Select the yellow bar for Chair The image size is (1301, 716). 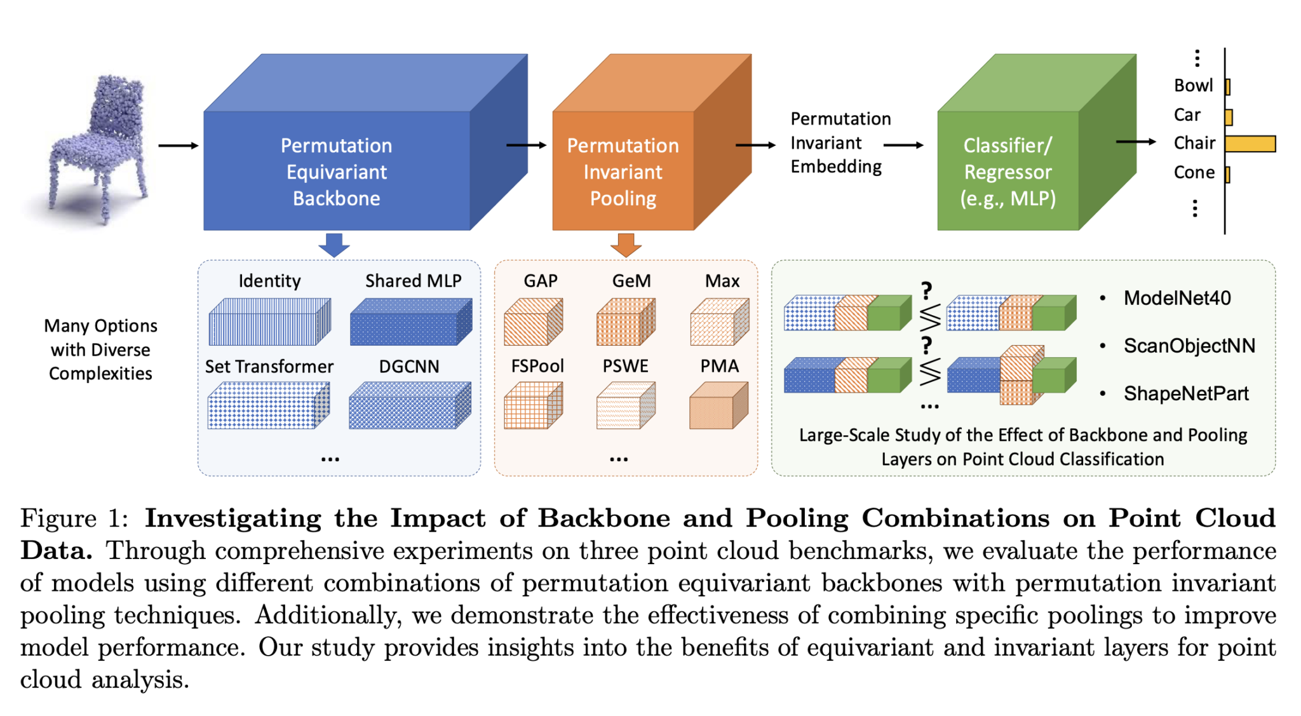pos(1249,144)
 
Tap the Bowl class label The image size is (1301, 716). pos(1193,86)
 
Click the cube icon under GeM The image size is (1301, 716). pos(626,322)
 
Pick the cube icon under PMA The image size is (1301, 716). pos(718,405)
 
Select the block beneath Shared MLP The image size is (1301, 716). pos(410,322)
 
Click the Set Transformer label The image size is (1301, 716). pos(269,367)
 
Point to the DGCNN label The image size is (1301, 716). pos(409,367)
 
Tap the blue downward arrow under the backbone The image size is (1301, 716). pos(334,245)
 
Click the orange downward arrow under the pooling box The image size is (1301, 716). pos(626,245)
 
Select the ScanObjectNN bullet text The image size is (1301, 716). pos(1189,346)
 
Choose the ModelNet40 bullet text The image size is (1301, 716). pos(1176,298)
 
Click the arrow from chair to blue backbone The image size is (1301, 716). pos(178,145)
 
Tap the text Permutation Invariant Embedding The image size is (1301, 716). pos(839,143)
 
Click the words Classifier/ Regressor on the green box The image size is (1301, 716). pos(1008,159)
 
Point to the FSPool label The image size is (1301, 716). pos(537,366)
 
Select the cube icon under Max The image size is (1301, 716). pos(719,322)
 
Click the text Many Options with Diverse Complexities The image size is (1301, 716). pos(100,349)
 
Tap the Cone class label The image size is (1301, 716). pos(1194,173)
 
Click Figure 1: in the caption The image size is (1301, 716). pos(74,518)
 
